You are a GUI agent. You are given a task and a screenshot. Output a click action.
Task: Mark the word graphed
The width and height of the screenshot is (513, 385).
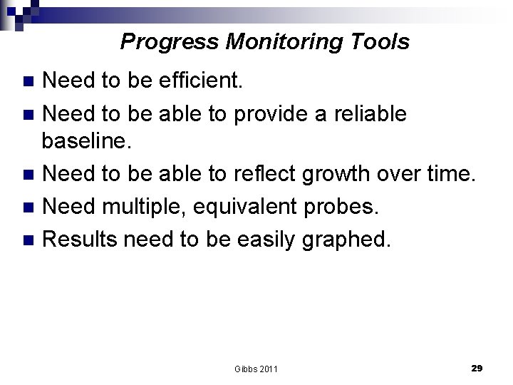coord(350,239)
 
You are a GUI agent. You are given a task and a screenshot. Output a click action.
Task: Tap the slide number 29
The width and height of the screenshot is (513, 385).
coord(477,368)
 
